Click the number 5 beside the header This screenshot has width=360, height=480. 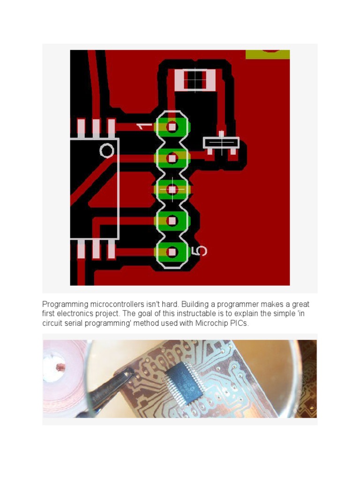201,251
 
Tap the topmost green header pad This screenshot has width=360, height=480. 172,126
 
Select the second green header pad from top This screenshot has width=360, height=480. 172,158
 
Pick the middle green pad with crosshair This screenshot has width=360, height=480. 172,189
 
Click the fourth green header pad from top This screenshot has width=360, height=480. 172,220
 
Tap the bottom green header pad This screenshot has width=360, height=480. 172,252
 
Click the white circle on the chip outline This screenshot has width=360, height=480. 107,150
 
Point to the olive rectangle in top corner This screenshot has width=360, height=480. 268,54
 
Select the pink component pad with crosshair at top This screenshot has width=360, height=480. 195,80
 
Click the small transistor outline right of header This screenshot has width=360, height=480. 221,142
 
